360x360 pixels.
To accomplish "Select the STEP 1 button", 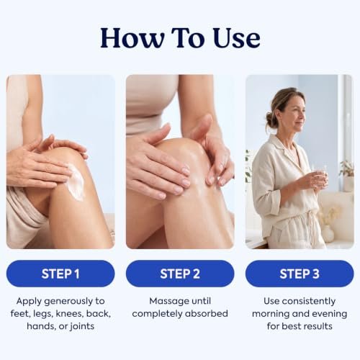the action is (60, 274).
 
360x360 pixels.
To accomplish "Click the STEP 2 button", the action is (180, 274).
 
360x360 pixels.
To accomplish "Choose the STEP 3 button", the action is (300, 274).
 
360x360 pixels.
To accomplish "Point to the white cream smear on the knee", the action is (76, 181).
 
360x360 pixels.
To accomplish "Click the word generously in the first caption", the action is (68, 302).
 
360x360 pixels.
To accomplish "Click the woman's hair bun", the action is (271, 120).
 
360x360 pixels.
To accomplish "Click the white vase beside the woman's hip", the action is (328, 233).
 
